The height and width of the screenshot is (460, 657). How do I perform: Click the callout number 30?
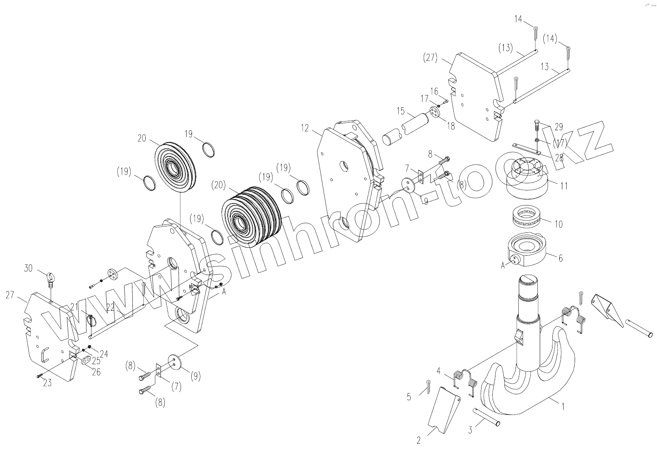point(28,268)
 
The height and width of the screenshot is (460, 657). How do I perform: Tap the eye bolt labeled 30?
point(51,278)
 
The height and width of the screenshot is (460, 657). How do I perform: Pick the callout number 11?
point(564,185)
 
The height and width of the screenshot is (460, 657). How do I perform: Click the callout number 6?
point(560,258)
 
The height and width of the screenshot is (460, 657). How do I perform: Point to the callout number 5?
point(409,396)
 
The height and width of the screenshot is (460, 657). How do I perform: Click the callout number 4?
point(438,371)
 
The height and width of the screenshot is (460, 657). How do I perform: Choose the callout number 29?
point(559,127)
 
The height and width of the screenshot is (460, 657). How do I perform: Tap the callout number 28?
point(559,158)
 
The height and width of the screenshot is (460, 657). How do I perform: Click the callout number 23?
point(48,383)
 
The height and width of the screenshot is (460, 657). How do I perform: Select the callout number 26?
point(96,372)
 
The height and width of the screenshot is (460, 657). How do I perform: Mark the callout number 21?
point(74,306)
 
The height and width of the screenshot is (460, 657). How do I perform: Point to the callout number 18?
point(451,126)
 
